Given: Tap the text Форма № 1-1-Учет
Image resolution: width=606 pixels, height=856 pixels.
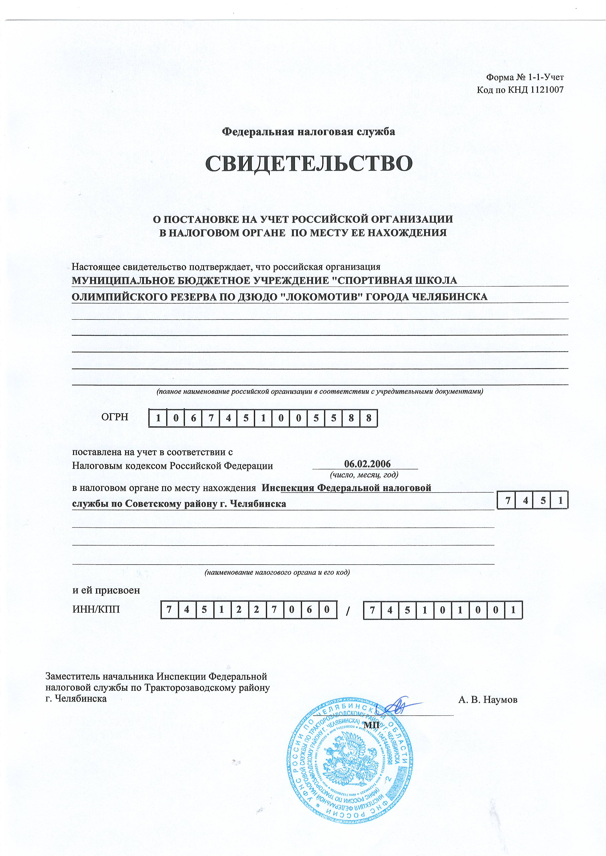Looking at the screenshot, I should point(525,78).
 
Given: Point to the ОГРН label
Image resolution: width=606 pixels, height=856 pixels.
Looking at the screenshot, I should point(115,417).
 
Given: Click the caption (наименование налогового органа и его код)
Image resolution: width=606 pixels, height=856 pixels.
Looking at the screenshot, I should point(277,572).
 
